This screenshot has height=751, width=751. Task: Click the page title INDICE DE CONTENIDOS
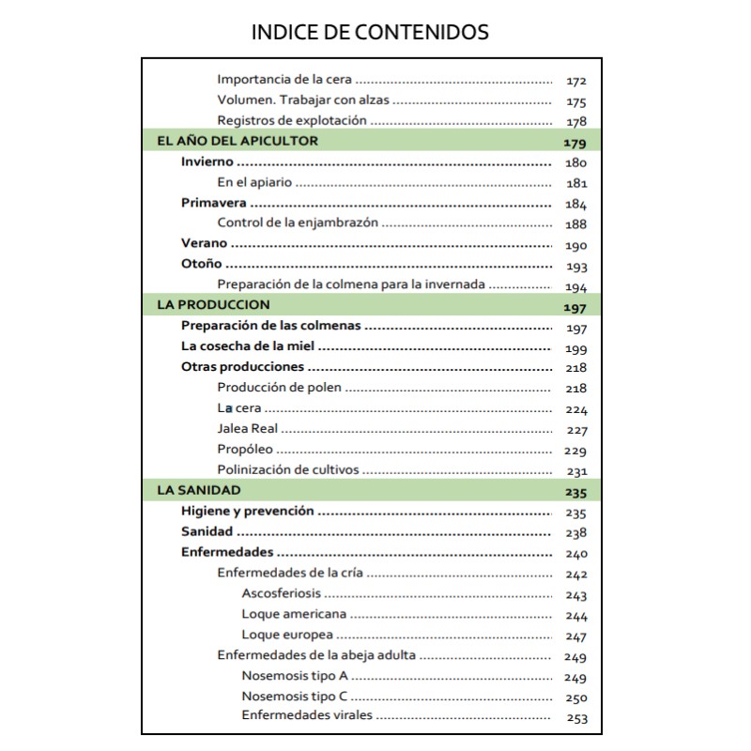[370, 32]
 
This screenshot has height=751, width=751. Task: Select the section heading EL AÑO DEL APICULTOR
[238, 141]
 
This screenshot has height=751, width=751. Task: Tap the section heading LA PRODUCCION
[213, 304]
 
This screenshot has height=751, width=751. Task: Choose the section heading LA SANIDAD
[199, 490]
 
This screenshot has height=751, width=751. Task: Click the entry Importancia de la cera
[284, 80]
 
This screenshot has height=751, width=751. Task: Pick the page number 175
[576, 101]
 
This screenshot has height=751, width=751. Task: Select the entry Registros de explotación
[291, 120]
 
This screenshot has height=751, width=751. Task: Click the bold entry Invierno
[207, 161]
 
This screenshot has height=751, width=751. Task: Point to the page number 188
[576, 224]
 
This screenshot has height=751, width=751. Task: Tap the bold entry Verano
[204, 243]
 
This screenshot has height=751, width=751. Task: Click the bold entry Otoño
[201, 264]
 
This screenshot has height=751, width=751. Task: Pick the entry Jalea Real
[248, 429]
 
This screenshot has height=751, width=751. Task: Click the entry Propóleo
[245, 450]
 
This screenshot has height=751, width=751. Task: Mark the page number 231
[576, 471]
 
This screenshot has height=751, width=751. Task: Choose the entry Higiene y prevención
[247, 512]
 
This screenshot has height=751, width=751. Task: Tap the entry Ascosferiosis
[281, 594]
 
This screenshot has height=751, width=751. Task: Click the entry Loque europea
[286, 636]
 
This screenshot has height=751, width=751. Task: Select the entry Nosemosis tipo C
[294, 697]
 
